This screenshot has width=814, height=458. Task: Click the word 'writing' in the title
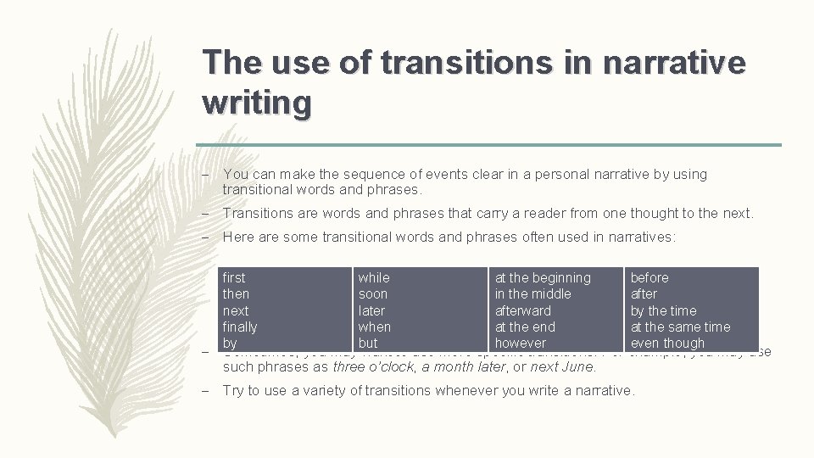(257, 103)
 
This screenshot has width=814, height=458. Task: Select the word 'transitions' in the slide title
(478, 62)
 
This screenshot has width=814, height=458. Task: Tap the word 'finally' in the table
(239, 327)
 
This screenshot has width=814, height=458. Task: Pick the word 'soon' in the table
(372, 294)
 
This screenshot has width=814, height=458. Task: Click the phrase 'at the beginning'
(543, 278)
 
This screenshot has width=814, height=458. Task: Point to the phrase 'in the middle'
(532, 294)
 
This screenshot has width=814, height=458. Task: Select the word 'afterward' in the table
(522, 311)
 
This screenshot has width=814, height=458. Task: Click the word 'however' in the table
(521, 343)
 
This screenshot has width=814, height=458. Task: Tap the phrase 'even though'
(667, 343)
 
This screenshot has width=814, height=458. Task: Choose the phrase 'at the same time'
(680, 327)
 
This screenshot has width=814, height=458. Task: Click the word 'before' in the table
(650, 278)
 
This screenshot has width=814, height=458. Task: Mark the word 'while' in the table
(374, 278)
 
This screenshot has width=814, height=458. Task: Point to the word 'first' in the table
(233, 278)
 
